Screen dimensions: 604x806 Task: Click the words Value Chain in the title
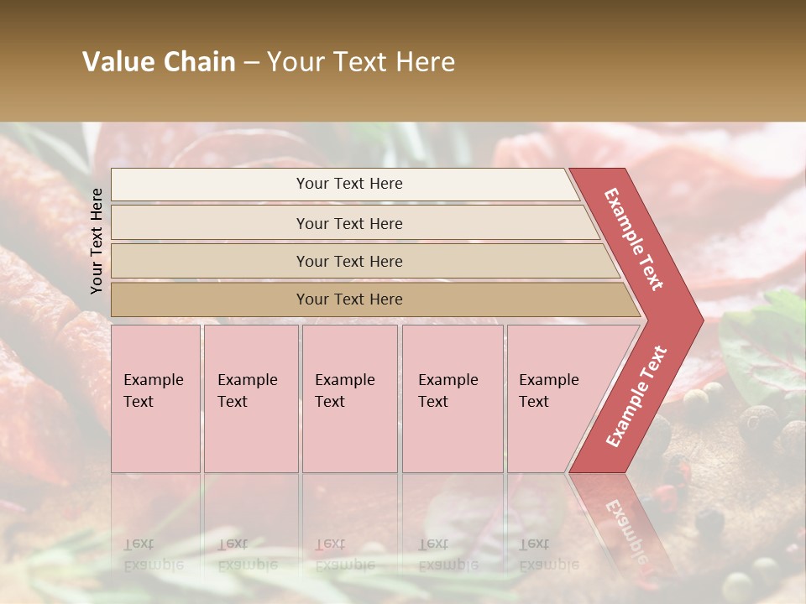coord(159,62)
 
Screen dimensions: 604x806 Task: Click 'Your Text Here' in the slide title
coord(361,62)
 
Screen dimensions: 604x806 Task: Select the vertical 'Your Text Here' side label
coord(97,241)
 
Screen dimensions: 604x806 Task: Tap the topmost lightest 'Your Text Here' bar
coord(348,184)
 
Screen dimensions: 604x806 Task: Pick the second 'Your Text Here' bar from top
coord(348,223)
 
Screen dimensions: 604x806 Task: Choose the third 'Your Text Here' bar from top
coord(348,261)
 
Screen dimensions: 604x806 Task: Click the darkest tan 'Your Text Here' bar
coord(348,299)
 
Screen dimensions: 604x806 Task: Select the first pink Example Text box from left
coord(155,398)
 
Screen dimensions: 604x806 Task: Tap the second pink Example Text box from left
coord(250,398)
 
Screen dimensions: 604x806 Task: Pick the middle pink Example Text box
coord(349,398)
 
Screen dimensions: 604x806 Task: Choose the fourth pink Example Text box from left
coord(452,398)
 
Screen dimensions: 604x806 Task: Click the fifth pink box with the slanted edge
coord(554,398)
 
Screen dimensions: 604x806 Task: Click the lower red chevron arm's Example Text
coord(636,396)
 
